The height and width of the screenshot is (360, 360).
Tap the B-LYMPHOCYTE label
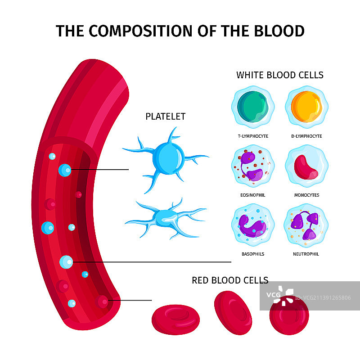pos(306,136)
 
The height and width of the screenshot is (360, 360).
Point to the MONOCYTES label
pos(306,195)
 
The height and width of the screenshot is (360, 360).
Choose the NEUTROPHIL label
pos(306,254)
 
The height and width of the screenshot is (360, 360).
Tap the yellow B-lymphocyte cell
pos(306,107)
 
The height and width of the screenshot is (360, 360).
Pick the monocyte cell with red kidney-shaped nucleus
pos(306,167)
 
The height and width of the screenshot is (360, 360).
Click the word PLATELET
pos(165,117)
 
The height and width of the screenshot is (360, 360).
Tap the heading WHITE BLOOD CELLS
pos(280,75)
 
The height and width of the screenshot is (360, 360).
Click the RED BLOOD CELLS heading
pos(230,280)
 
